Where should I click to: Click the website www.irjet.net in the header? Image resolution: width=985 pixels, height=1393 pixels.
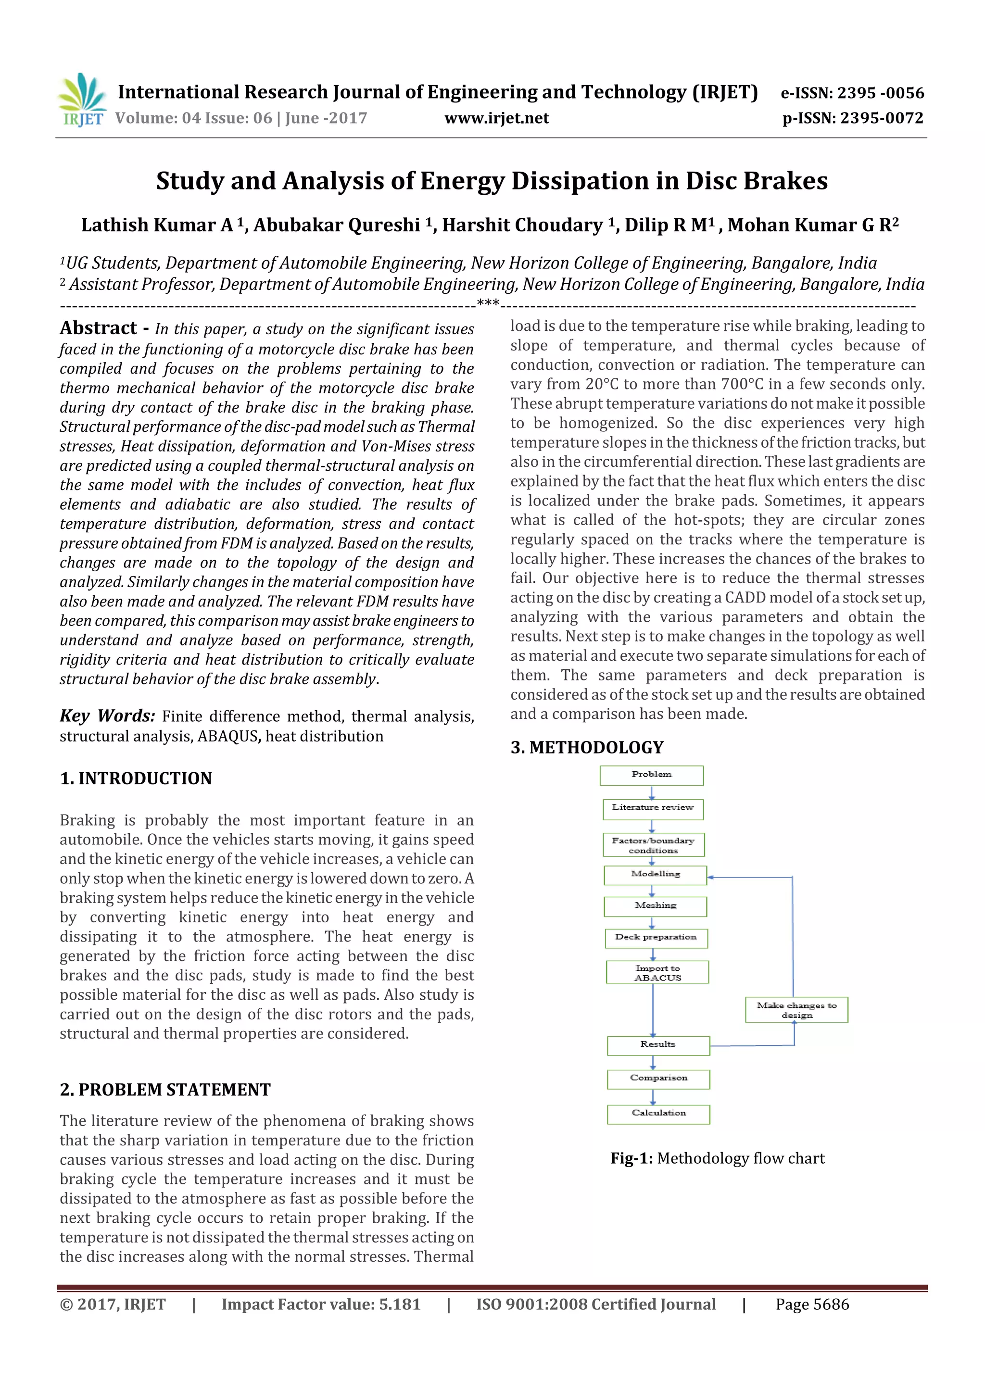click(x=496, y=118)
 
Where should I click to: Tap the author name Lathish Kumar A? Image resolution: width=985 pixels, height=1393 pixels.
click(x=157, y=225)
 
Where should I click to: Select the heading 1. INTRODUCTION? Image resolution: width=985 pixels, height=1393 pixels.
click(x=136, y=778)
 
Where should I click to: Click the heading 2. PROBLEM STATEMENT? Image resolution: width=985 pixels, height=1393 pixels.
click(x=165, y=1090)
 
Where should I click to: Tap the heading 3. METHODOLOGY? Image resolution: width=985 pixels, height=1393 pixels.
click(x=587, y=747)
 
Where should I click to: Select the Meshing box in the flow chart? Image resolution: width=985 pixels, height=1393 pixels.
click(x=655, y=906)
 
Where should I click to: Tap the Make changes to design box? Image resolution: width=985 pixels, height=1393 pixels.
click(x=796, y=1010)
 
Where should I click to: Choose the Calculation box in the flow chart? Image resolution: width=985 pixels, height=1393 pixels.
click(x=658, y=1114)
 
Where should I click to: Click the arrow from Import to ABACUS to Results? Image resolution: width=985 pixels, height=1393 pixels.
click(x=653, y=1010)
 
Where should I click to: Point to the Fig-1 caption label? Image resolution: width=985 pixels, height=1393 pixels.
click(x=631, y=1159)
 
